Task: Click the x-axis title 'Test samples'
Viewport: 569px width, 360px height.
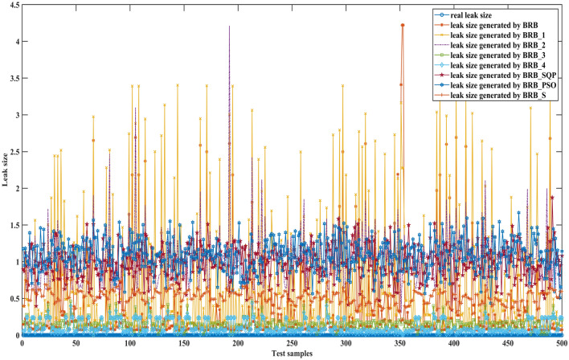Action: click(292, 354)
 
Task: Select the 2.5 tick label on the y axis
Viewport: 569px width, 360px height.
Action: click(11, 152)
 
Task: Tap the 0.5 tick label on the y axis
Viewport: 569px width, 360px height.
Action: click(11, 299)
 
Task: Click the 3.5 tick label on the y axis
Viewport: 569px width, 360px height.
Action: click(11, 79)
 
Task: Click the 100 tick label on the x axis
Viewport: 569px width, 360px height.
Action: click(129, 343)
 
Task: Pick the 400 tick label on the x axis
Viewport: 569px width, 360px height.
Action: click(454, 343)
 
